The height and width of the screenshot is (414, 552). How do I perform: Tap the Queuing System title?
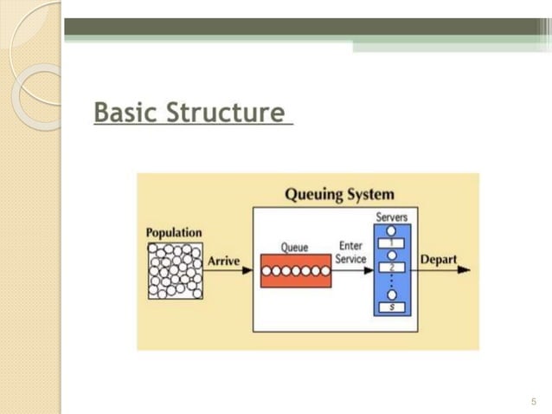(x=339, y=194)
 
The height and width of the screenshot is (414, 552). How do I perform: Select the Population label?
(x=174, y=232)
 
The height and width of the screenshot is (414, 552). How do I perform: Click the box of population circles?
(x=175, y=270)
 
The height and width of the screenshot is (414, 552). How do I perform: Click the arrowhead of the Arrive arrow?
(x=247, y=270)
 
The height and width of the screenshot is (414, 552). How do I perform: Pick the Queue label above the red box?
(x=294, y=247)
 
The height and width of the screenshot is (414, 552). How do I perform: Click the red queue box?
(x=295, y=270)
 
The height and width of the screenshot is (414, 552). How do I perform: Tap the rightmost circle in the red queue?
(x=325, y=270)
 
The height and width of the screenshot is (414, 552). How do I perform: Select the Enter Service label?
(x=350, y=253)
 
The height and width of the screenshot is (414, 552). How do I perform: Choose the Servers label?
(x=391, y=217)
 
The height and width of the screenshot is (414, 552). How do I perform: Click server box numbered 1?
(x=391, y=243)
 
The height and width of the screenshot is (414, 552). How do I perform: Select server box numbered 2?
(x=391, y=268)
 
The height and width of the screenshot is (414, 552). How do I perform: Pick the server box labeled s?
(x=391, y=307)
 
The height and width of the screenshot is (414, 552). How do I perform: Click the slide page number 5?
(x=533, y=401)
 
